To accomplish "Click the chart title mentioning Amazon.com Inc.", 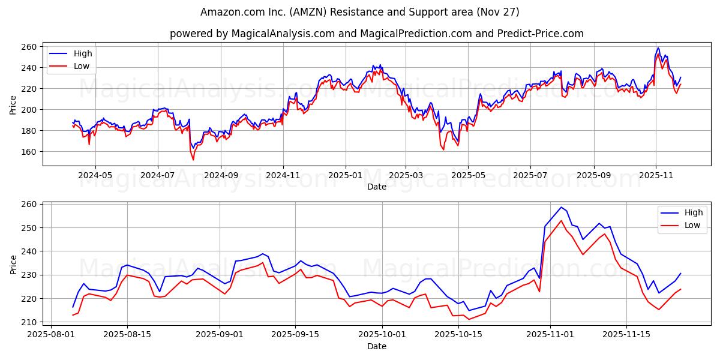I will [360, 12].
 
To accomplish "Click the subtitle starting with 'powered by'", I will [376, 34].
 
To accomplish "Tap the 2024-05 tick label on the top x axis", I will [95, 176].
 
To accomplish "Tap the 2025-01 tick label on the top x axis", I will [345, 176].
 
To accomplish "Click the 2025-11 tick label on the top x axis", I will [656, 176].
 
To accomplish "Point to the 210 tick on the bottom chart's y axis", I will [29, 322].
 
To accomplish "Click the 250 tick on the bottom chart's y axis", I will [29, 228].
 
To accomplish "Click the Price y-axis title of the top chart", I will [13, 104].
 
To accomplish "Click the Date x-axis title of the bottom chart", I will [376, 346].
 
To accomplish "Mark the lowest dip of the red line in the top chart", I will [193, 160].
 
